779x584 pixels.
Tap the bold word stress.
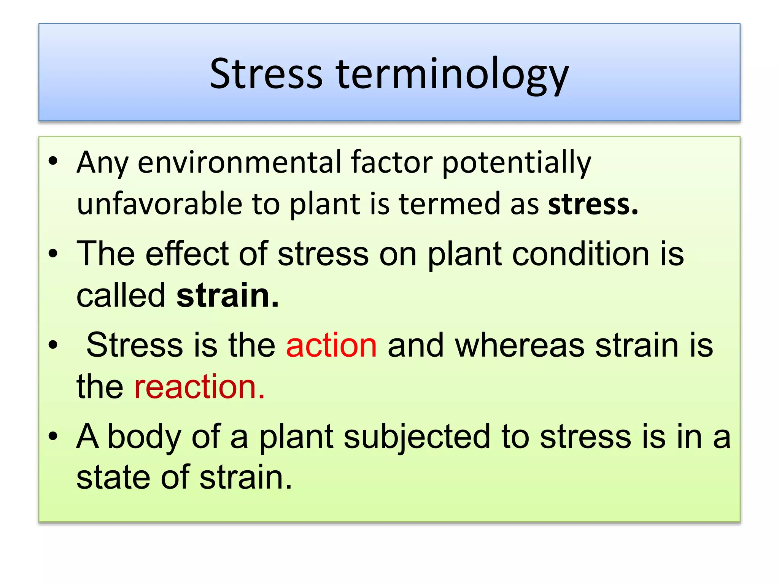coord(593,204)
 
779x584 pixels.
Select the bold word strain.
coord(227,295)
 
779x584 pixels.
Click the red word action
coord(331,345)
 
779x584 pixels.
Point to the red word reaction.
coord(199,387)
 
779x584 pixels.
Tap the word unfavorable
coord(159,204)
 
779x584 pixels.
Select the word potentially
coord(517,163)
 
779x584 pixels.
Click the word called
coord(121,295)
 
